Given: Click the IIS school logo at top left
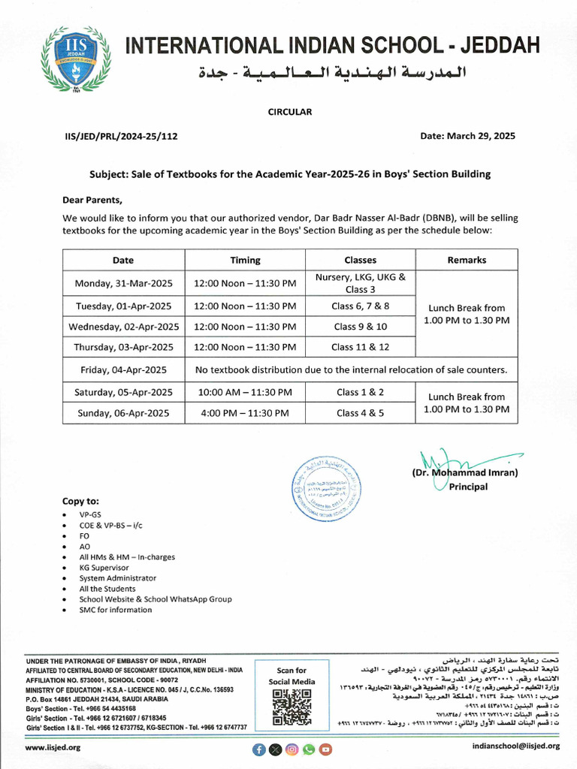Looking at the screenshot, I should click(75, 59).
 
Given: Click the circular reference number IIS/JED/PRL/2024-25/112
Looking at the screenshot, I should click(121, 137).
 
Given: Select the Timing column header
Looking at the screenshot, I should click(245, 260).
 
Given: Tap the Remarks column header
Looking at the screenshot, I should click(467, 260).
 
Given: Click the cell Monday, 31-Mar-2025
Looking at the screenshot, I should click(123, 283).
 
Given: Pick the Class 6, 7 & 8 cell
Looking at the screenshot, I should click(360, 306).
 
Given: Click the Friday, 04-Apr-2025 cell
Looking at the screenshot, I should click(123, 369).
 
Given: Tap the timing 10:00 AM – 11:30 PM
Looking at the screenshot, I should click(245, 392).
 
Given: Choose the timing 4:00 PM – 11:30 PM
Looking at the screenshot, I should click(245, 413).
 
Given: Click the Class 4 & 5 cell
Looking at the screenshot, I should click(360, 413).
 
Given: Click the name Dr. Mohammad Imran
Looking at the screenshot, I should click(464, 473).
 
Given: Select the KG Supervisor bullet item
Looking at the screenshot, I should click(104, 568).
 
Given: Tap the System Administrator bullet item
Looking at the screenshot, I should click(118, 578).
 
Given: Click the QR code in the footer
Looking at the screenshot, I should click(292, 707).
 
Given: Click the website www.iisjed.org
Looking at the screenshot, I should click(53, 748).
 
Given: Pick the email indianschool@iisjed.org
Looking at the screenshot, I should click(515, 746).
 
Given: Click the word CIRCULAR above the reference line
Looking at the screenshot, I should click(289, 112).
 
